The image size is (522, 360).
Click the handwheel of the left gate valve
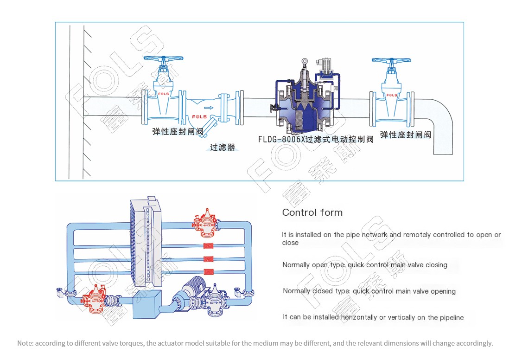163,58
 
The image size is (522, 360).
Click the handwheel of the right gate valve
391,60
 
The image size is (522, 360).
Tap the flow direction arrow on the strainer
209,108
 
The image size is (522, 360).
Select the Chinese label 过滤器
223,147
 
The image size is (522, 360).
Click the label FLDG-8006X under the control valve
282,139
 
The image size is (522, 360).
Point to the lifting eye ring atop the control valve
304,62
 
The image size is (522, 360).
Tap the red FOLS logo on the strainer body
199,116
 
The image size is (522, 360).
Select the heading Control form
312,212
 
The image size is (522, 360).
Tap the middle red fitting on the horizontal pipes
209,259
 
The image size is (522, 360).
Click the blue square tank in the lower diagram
147,304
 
